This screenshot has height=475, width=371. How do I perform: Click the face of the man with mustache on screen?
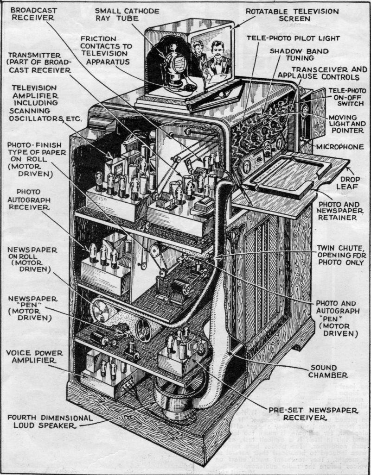(x=216, y=50)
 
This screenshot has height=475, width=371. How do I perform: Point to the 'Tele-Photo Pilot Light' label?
(x=293, y=38)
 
